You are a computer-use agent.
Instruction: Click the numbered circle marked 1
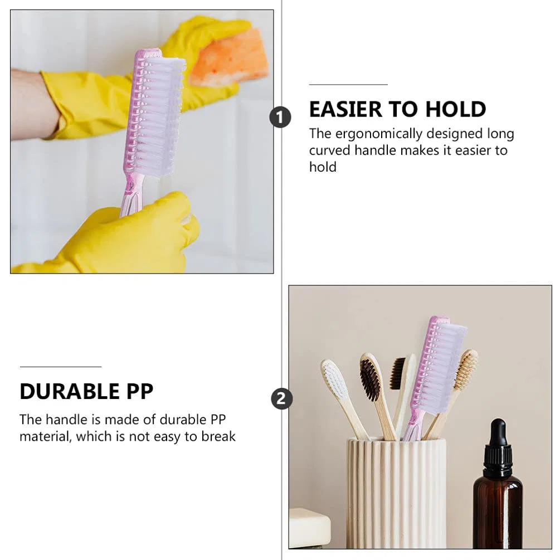click(x=280, y=117)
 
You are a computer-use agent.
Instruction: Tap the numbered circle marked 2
click(x=281, y=398)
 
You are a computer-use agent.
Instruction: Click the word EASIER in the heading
click(x=345, y=109)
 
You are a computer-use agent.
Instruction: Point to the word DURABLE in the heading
click(x=70, y=391)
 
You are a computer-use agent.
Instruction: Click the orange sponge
click(x=229, y=58)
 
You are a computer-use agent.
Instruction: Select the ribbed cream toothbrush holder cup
click(x=396, y=494)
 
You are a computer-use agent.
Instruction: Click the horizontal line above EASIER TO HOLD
click(x=348, y=85)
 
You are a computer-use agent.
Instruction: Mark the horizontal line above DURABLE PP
click(x=61, y=367)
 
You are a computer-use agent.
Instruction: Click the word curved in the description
click(x=330, y=150)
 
